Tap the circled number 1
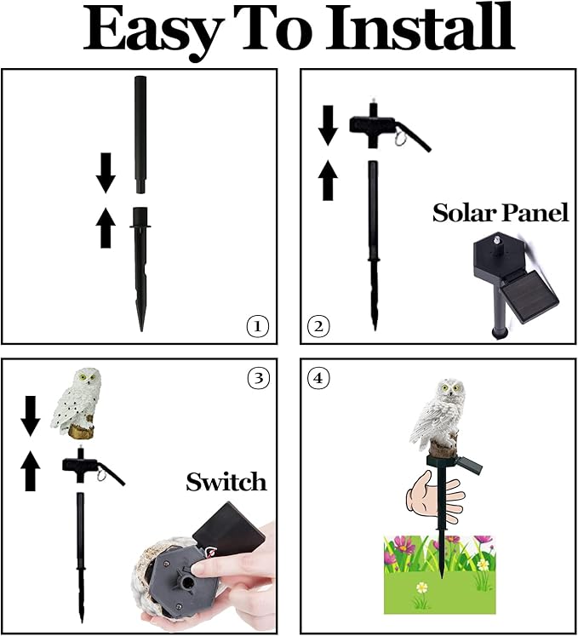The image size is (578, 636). [257, 325]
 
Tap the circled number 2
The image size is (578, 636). [318, 325]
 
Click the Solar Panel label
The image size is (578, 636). [500, 213]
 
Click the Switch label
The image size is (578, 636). [226, 483]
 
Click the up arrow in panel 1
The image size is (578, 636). [106, 228]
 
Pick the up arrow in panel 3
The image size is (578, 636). [31, 470]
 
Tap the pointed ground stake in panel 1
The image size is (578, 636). [140, 272]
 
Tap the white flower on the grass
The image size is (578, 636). [420, 587]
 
